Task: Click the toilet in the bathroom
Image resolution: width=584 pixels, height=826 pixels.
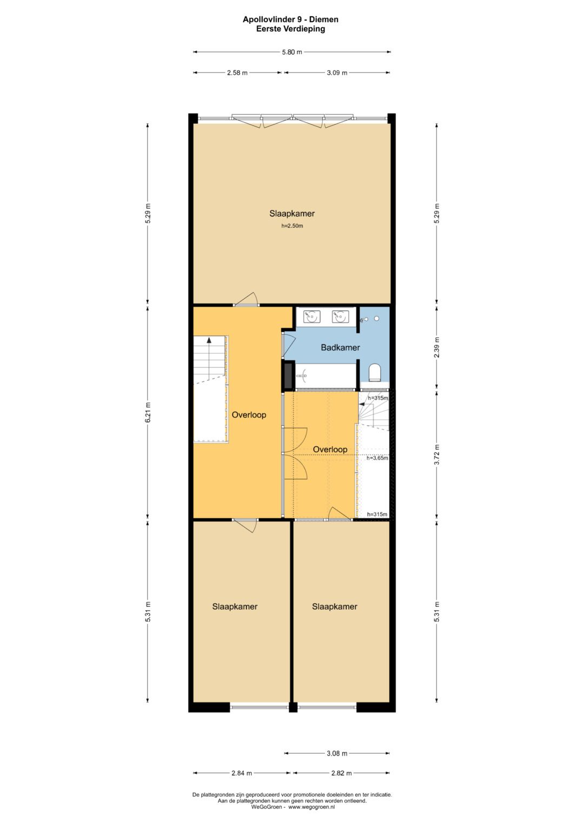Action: (x=375, y=372)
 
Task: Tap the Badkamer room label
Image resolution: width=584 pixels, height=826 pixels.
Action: (x=340, y=347)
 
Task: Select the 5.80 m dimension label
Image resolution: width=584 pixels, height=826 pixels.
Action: (x=292, y=52)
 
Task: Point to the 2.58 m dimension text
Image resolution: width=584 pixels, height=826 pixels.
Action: (x=237, y=72)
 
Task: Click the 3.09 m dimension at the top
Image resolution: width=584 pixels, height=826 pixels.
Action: (x=337, y=72)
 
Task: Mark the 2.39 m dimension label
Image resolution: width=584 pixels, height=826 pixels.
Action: (x=436, y=347)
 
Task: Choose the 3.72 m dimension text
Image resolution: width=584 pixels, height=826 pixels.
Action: (x=436, y=455)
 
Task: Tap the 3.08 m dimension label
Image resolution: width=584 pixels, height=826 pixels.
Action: (x=337, y=754)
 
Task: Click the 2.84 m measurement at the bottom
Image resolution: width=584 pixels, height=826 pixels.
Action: (x=242, y=773)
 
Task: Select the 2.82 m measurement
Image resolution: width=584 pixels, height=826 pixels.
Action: (x=341, y=773)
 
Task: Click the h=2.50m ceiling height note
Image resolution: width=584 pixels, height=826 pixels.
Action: (x=292, y=226)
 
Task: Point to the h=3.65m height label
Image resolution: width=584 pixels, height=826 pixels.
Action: (x=377, y=458)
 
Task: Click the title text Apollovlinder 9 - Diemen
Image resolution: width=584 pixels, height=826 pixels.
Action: (x=290, y=19)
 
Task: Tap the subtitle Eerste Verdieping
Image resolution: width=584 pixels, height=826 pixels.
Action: (x=290, y=29)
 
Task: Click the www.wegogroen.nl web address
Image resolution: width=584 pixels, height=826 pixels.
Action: (x=311, y=807)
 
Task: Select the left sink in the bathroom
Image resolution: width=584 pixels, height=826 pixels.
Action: (x=311, y=316)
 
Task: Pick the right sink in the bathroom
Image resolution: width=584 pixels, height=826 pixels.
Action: (x=340, y=316)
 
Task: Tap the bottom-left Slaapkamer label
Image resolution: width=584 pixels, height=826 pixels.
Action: (x=235, y=606)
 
